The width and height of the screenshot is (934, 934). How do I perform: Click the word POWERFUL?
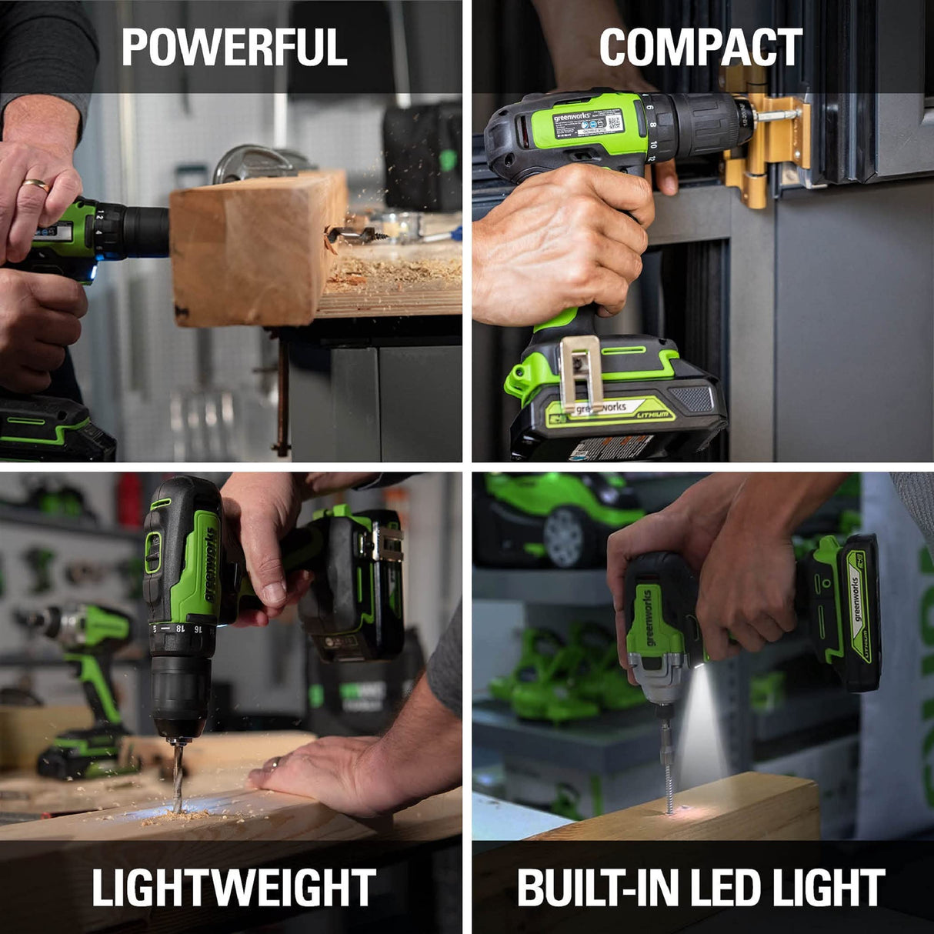pos(234,47)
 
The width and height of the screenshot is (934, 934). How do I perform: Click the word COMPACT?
pos(700,47)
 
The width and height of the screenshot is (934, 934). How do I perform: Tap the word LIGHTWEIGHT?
pos(234,887)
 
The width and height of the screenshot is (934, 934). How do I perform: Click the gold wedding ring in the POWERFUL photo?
pos(35,185)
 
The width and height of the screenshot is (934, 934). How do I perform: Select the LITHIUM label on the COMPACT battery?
pos(651,414)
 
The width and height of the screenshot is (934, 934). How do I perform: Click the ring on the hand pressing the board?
pos(274,763)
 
